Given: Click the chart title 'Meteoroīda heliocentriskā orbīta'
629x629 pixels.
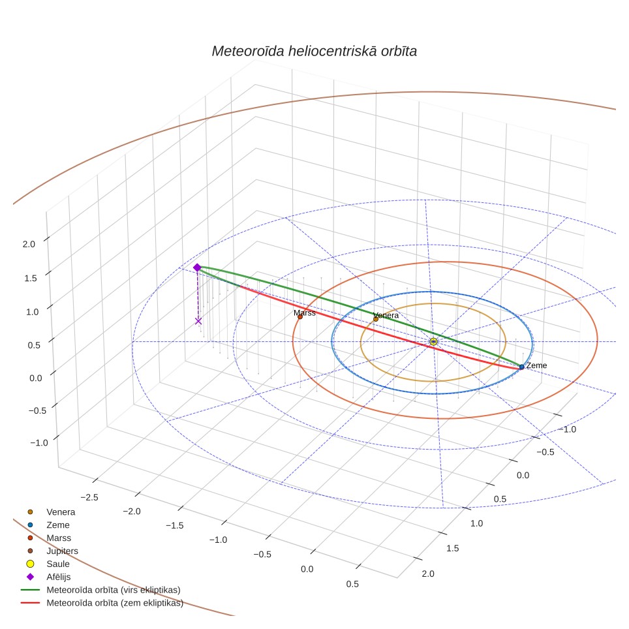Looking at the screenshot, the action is pos(314,52).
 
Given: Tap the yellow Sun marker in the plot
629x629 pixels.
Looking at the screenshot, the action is pos(433,341).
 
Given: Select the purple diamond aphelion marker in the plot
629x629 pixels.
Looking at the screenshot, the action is pos(197,268).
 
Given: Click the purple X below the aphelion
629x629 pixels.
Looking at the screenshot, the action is pos(198,321).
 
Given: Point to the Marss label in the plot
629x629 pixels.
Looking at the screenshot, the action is pos(305,313).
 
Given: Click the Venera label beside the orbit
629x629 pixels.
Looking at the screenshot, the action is pos(386,315).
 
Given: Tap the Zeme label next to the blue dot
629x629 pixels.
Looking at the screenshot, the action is pos(536,365).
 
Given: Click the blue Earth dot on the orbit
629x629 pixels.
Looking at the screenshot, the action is pos(521,367).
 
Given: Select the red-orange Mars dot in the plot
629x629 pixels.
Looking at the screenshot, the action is pos(300,317).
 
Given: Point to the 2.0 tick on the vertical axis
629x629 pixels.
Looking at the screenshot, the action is pos(29,244).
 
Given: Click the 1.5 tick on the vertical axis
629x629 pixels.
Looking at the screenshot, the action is pos(31,278).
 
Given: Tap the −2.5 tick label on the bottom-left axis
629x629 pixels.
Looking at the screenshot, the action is pos(89,497).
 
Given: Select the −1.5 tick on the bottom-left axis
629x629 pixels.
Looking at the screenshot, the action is pos(175,525).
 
